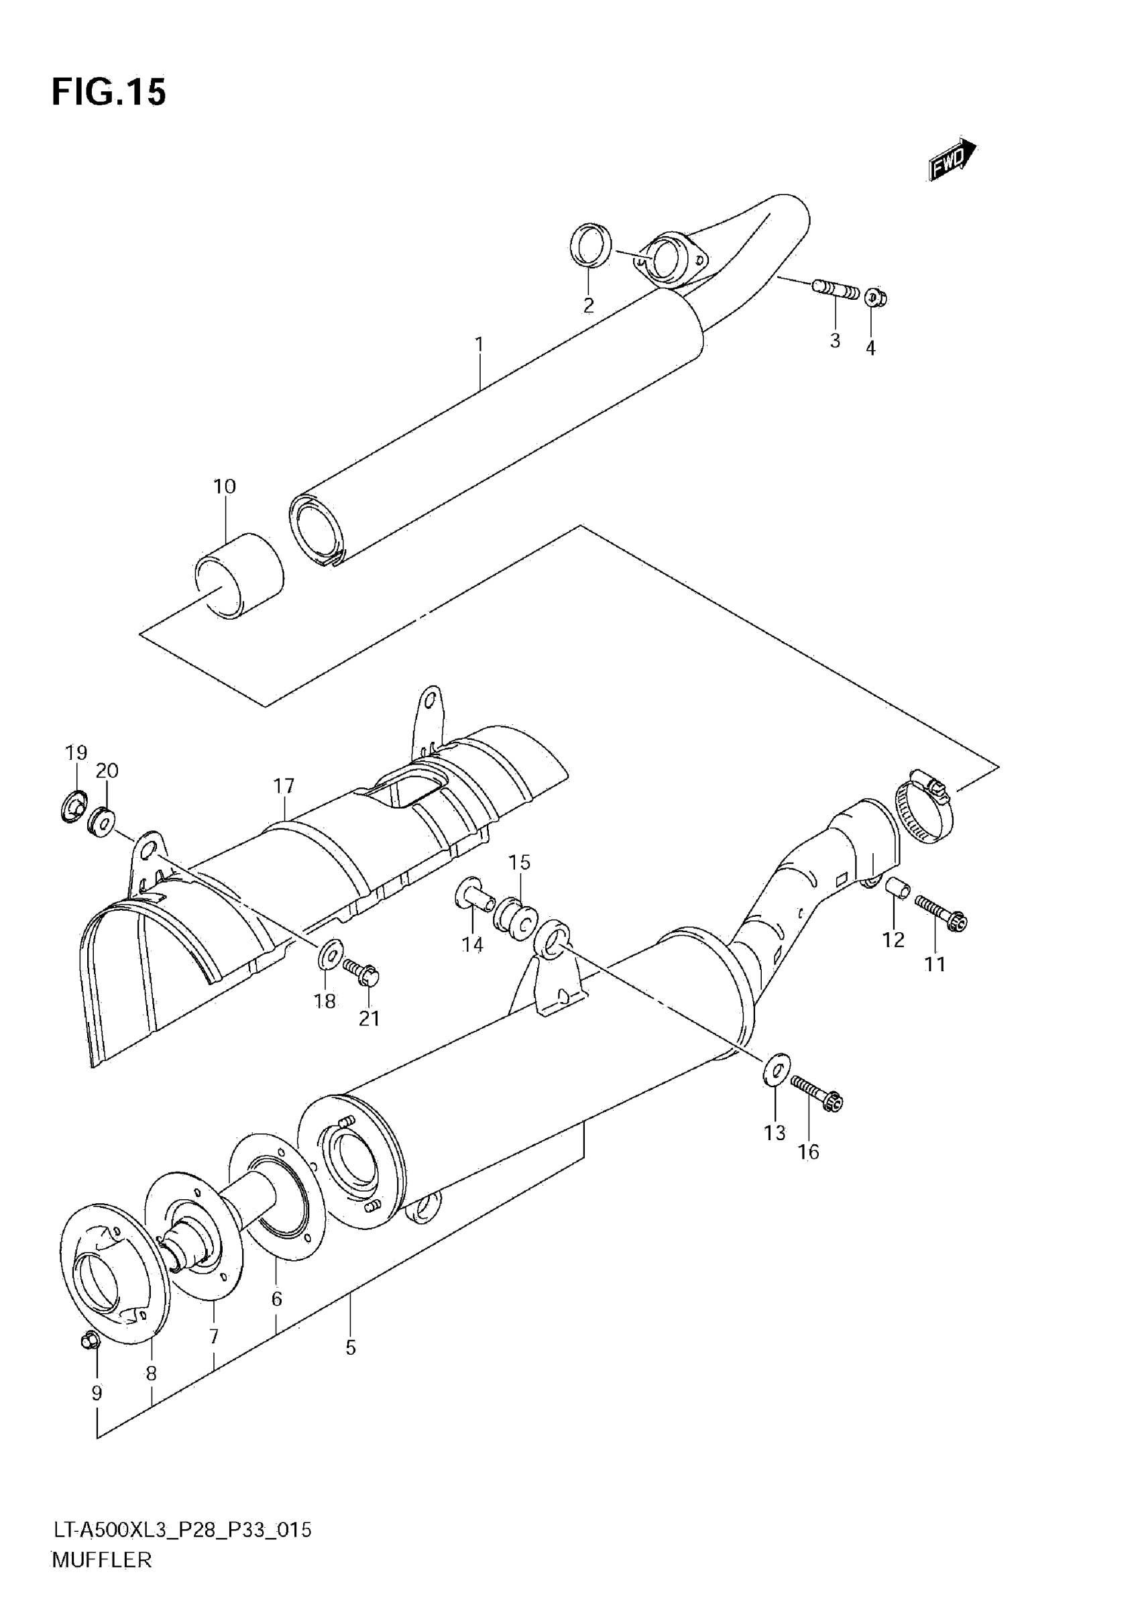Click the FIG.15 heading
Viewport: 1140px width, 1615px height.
(x=109, y=92)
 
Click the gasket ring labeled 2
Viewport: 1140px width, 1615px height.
(x=589, y=245)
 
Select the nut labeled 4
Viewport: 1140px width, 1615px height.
(x=874, y=298)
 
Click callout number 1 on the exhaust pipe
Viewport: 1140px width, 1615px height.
(x=479, y=345)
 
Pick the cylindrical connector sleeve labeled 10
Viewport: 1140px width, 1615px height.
(x=239, y=576)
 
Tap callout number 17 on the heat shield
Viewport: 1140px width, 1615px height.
(x=284, y=785)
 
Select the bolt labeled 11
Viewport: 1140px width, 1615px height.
(x=941, y=912)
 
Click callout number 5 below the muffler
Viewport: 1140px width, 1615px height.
(x=350, y=1347)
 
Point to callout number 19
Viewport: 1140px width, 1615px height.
(x=76, y=753)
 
